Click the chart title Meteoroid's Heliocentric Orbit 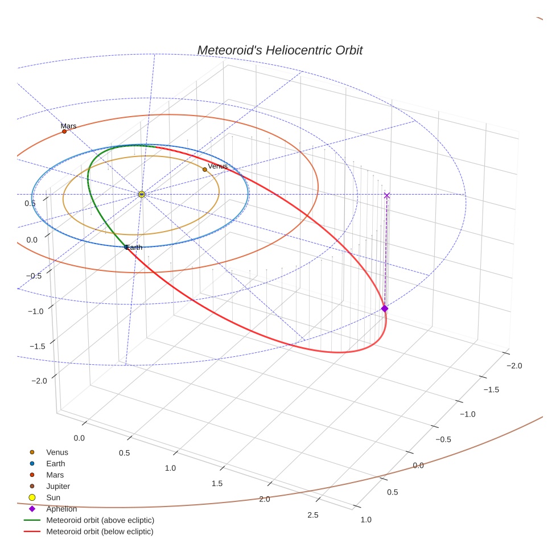pyautogui.click(x=279, y=50)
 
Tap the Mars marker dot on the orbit pyautogui.click(x=64, y=131)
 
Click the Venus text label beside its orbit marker pyautogui.click(x=217, y=166)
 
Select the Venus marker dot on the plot pyautogui.click(x=205, y=170)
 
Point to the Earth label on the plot pyautogui.click(x=134, y=248)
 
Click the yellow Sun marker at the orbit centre pyautogui.click(x=142, y=195)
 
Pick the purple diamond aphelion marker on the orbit pyautogui.click(x=385, y=308)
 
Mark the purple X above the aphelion pyautogui.click(x=387, y=195)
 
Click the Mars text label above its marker pyautogui.click(x=68, y=126)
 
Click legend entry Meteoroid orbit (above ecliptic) pyautogui.click(x=100, y=520)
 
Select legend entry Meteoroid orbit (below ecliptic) pyautogui.click(x=100, y=532)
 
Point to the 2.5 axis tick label pyautogui.click(x=313, y=516)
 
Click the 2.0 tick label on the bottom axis pyautogui.click(x=265, y=499)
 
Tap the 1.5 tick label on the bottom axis pyautogui.click(x=217, y=483)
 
